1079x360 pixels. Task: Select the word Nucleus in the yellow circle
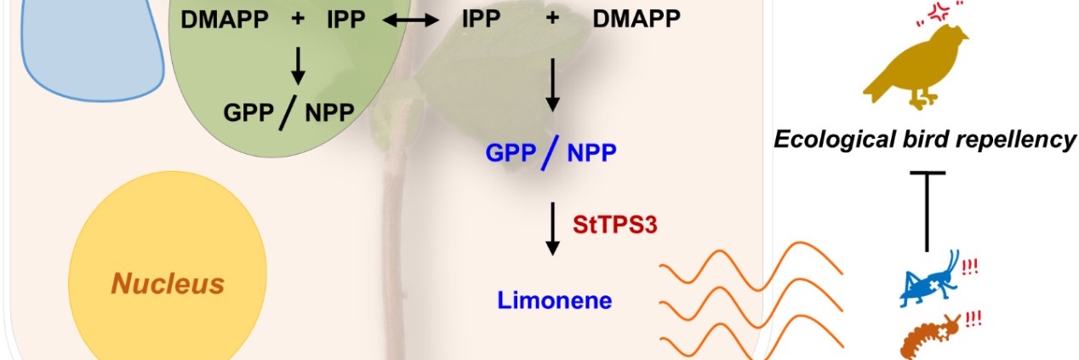point(168,283)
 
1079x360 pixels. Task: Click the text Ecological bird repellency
point(925,139)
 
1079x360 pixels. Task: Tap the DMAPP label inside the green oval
point(220,20)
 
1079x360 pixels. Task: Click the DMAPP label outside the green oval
point(637,20)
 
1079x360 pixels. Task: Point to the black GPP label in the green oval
point(248,112)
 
